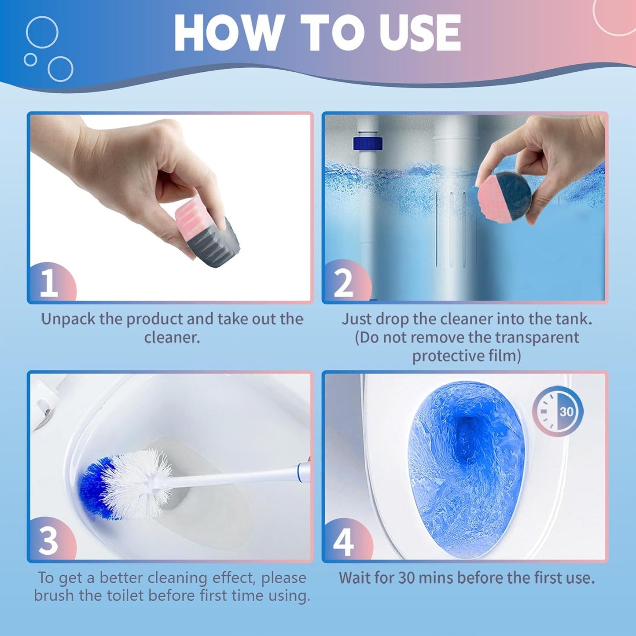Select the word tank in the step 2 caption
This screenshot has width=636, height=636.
(x=573, y=319)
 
